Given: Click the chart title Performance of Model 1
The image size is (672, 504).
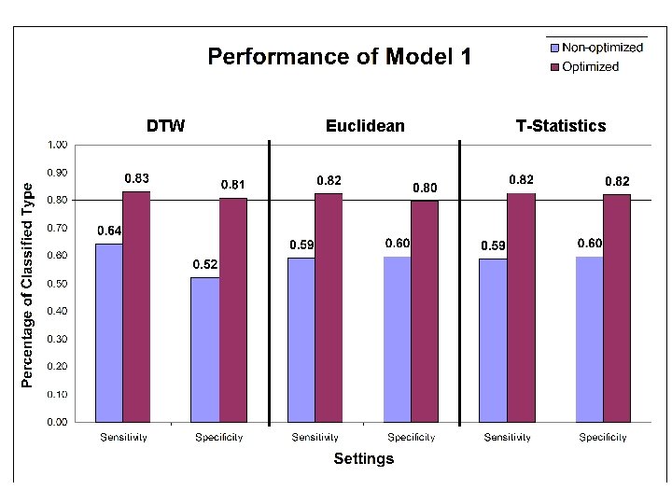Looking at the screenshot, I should click(339, 57).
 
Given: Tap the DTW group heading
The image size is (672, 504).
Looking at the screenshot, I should click(165, 126).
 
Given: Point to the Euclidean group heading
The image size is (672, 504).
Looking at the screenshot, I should click(365, 126).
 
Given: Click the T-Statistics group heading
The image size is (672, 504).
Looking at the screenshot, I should click(560, 126).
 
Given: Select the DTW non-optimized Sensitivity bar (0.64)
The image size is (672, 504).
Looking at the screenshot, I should click(109, 332).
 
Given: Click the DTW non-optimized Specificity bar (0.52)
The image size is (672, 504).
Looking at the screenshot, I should click(205, 349).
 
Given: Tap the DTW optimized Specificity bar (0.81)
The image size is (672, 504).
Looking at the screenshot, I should click(233, 309).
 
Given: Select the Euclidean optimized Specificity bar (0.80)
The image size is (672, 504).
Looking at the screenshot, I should click(425, 311).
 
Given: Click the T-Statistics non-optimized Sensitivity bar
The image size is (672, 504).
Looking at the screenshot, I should click(493, 340).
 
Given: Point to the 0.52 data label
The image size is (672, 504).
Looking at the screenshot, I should click(205, 265).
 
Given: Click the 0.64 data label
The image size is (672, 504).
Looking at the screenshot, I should click(110, 231).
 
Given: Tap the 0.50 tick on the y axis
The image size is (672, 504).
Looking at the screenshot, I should click(57, 284).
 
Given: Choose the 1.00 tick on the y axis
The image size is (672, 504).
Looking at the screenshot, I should click(57, 145).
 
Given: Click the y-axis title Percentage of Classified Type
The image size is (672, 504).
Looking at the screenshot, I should click(28, 285).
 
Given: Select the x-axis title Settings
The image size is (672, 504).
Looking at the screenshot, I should click(364, 458).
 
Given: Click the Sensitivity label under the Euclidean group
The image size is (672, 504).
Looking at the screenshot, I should click(315, 437).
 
